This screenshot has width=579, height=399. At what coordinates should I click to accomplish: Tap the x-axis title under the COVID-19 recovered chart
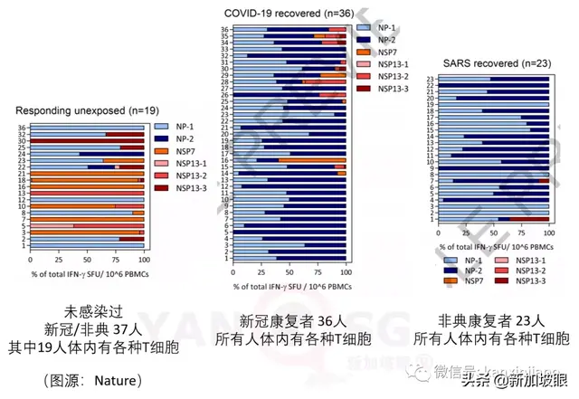(288, 288)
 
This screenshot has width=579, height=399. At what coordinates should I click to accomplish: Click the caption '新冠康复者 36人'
(288, 321)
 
